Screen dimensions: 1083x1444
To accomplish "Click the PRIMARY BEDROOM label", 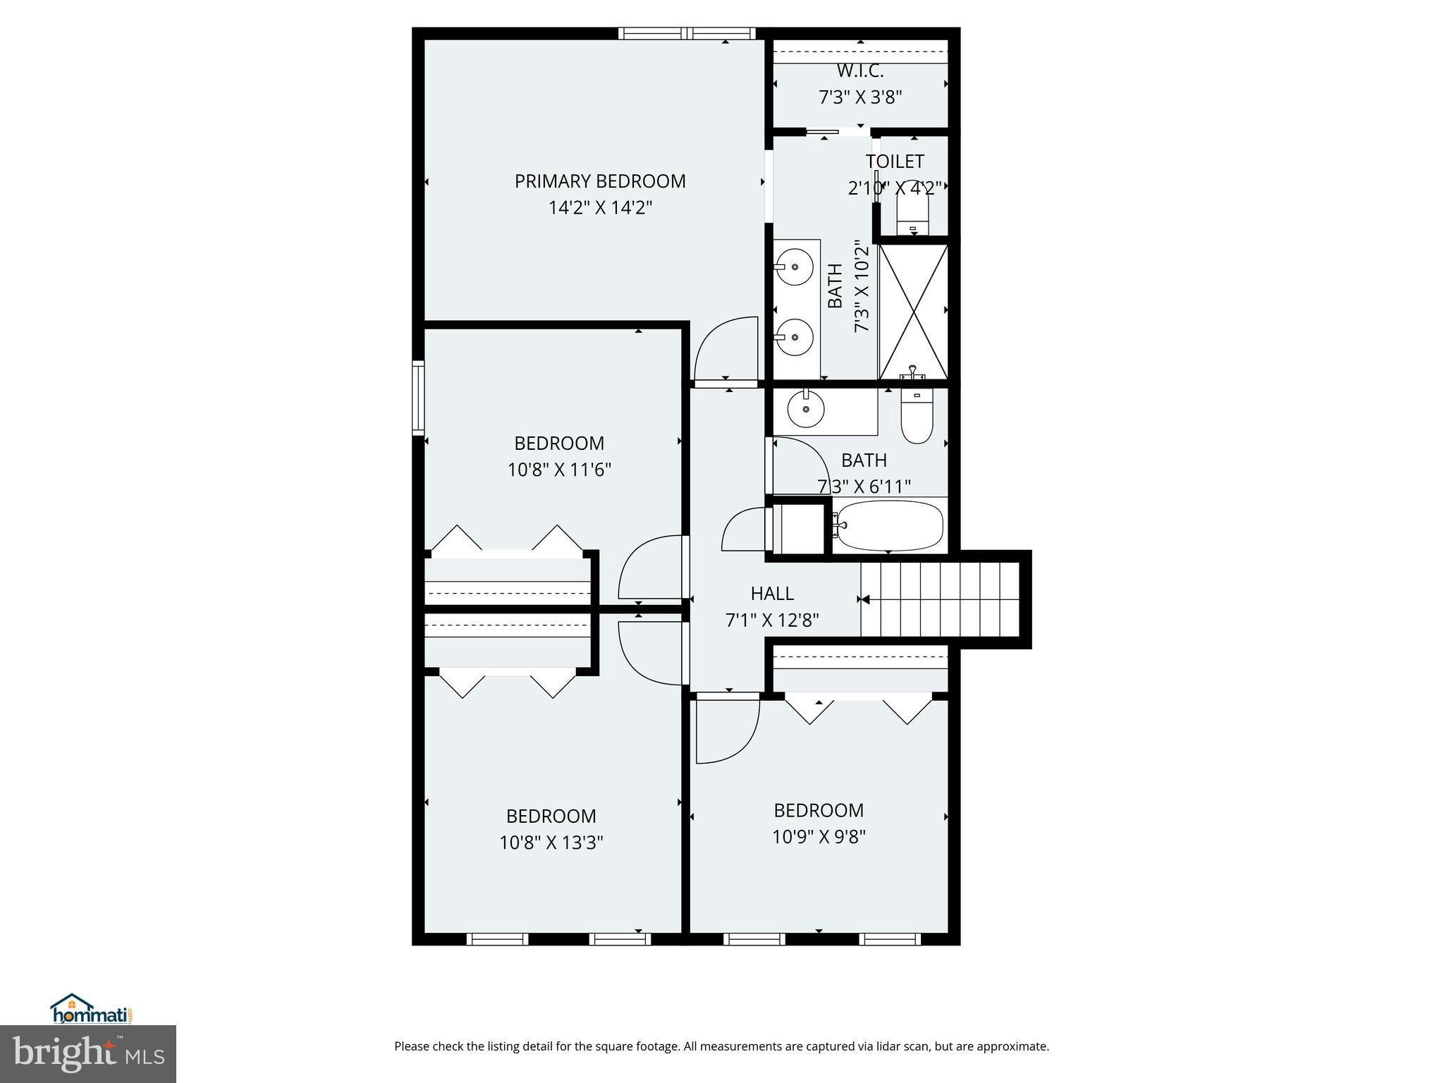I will click(599, 181).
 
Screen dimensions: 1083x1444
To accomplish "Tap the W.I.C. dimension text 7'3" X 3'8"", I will click(859, 97).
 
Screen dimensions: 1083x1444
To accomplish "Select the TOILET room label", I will click(894, 161).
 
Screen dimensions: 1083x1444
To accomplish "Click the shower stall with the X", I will click(913, 311).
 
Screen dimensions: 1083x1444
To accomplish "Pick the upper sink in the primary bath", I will click(794, 267).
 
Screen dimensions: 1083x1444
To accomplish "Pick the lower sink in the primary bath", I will click(794, 337).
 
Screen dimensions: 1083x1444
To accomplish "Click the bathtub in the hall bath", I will click(889, 525).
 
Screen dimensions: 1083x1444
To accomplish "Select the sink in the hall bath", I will click(805, 409).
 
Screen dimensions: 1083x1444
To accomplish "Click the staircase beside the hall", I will click(941, 599).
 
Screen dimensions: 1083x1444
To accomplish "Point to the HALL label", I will click(772, 594).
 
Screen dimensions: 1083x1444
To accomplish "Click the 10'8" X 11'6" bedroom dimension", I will click(559, 470).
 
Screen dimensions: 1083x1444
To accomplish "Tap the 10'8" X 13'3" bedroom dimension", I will click(551, 843).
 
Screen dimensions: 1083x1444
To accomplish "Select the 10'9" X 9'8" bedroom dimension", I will click(819, 837).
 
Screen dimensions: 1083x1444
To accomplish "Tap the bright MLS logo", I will click(88, 1053).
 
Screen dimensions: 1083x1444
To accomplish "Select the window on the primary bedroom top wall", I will click(687, 32).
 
